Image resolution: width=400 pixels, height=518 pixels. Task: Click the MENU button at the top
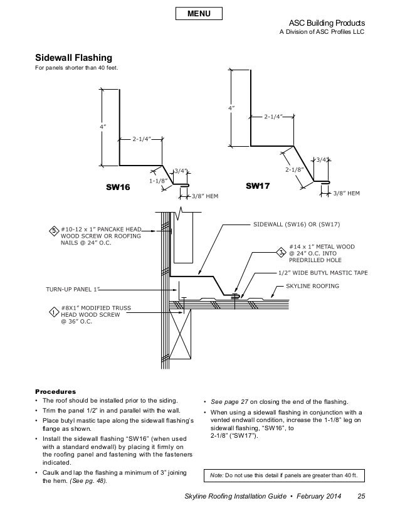[x=199, y=13]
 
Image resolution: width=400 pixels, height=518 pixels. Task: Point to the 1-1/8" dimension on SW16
[x=157, y=181]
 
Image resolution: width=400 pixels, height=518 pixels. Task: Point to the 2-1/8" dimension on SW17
[x=294, y=169]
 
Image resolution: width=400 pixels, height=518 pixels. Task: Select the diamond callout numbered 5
[x=54, y=231]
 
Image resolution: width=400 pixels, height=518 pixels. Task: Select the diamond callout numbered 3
[x=281, y=252]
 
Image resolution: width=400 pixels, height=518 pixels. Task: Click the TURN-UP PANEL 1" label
[x=72, y=291]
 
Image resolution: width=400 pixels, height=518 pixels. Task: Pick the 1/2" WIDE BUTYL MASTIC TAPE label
[x=323, y=273]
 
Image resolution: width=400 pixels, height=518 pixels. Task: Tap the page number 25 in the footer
[x=361, y=498]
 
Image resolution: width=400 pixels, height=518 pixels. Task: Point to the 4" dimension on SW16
[x=102, y=127]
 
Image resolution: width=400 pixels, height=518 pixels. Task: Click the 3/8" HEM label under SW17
[x=346, y=193]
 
